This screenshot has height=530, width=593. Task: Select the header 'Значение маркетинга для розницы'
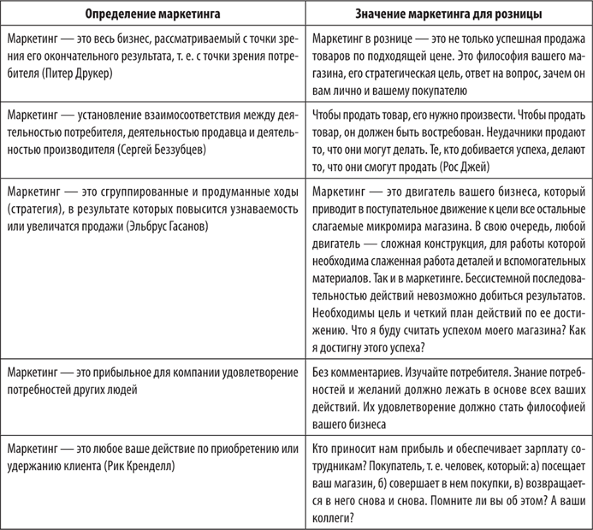449,13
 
